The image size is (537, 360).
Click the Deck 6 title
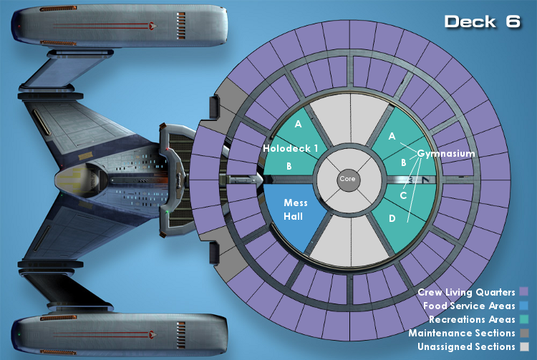[x=482, y=21]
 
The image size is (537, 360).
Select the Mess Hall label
[x=295, y=210]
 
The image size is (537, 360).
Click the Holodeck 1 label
[x=291, y=148]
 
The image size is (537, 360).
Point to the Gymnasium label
[x=446, y=154]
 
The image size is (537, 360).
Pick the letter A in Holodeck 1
[x=298, y=124]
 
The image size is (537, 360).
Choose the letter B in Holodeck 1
[x=289, y=166]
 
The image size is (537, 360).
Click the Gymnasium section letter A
[x=392, y=136]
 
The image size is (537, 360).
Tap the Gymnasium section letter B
[x=403, y=162]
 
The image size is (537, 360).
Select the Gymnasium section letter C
[x=403, y=195]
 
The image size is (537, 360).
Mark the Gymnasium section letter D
[x=392, y=218]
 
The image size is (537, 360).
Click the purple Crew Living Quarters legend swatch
[x=524, y=291]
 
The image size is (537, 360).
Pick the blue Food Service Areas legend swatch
[x=524, y=305]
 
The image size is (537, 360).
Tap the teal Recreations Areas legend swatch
[x=524, y=319]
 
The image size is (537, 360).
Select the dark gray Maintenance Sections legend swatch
[x=524, y=333]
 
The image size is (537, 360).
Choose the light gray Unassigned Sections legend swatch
[x=524, y=346]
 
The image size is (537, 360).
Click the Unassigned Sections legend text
[x=466, y=346]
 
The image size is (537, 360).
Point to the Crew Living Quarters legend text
[x=466, y=292]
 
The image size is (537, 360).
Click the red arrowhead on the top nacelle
[x=153, y=26]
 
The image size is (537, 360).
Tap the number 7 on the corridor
[x=425, y=180]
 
